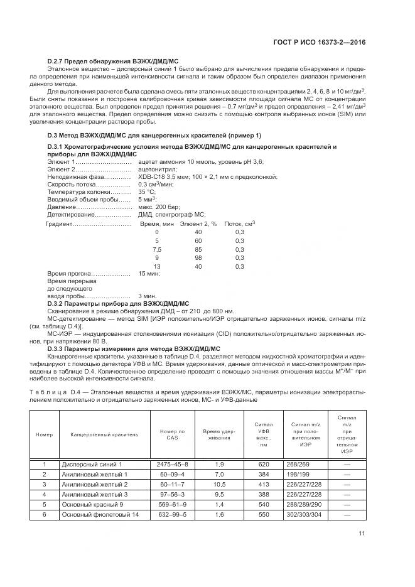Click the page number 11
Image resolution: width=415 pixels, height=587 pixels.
click(x=362, y=534)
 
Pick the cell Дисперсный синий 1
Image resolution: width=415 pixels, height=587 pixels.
click(x=92, y=464)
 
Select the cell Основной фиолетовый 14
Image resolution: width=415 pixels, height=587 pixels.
click(x=99, y=514)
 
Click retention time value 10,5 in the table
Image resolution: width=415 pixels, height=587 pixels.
click(x=219, y=484)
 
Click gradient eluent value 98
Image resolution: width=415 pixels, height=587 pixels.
click(x=198, y=257)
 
